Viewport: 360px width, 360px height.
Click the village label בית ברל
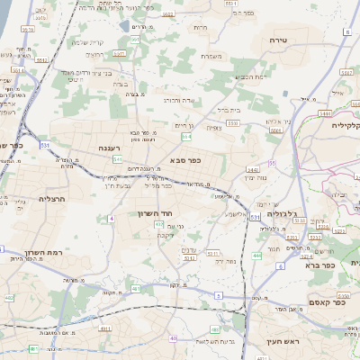[230, 109]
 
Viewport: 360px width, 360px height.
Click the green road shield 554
[186, 137]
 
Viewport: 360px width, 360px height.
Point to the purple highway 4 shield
[111, 218]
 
